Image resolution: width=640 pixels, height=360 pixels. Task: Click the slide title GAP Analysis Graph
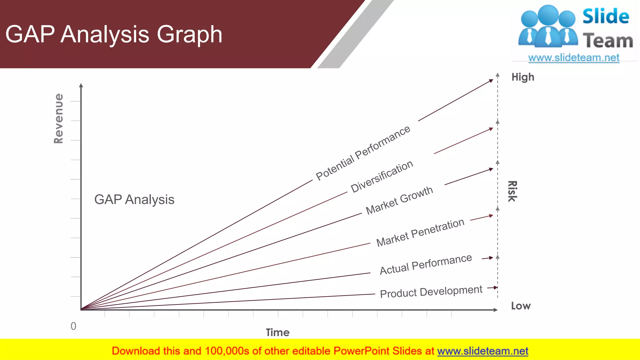point(114,34)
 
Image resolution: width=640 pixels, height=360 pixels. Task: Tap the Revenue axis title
point(59,118)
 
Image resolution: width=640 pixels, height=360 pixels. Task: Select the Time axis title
point(277,332)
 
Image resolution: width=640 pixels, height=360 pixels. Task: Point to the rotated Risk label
point(512,191)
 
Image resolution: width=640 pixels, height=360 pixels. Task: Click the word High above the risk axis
point(523,77)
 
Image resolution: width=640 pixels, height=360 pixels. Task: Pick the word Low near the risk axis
point(521,306)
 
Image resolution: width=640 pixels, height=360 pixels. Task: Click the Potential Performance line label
point(363,153)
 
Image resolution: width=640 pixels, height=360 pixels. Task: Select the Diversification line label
point(382,177)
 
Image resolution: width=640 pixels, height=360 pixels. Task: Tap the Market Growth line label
point(399,200)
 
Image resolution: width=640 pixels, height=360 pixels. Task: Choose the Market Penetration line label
point(420,232)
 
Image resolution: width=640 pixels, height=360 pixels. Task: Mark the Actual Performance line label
point(426,264)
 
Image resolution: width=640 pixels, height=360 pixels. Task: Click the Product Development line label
point(431,292)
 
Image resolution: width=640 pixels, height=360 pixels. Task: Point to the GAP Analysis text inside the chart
point(134,200)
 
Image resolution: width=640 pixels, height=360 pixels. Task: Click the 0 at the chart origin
point(73,326)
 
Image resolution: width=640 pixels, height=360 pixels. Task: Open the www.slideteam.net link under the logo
point(574,58)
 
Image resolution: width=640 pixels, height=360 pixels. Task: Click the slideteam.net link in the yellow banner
point(482,351)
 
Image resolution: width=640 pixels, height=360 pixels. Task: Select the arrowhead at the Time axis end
point(495,310)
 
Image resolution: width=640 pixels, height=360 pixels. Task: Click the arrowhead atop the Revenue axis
point(81,85)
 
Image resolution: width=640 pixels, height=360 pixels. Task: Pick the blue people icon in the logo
point(548,27)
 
